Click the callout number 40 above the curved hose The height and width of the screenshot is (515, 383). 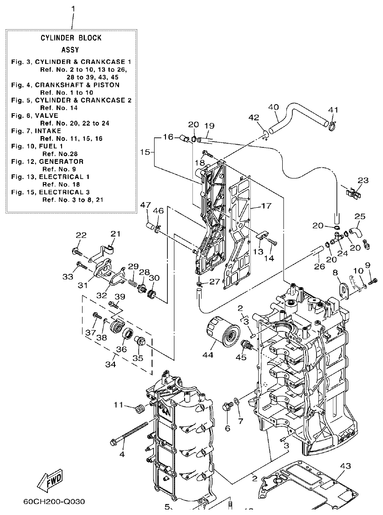coord(273,107)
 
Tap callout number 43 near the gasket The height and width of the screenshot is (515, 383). coord(346,466)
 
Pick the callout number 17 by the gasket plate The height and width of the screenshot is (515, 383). coord(267,206)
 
